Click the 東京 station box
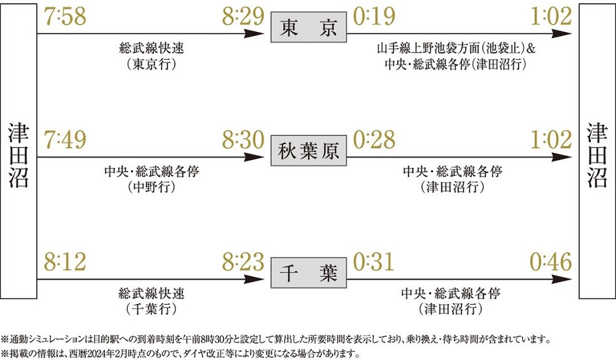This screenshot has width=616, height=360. pos(309,27)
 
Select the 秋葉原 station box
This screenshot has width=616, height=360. pos(309,150)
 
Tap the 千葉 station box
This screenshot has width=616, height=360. pos(309,273)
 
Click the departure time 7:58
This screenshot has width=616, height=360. pos(65,16)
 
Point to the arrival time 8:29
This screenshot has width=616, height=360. pos(243,16)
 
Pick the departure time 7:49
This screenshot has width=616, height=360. pos(65,139)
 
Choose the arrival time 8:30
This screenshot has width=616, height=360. pos(243,139)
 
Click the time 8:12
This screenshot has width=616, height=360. pos(65,262)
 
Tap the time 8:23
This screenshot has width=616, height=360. pos(243,262)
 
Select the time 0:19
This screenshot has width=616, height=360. pos(374,16)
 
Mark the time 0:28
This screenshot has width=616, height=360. pos(374,139)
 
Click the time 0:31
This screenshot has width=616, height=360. pos(373,262)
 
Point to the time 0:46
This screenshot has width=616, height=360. pos(551,262)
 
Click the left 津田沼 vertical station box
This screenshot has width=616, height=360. pos(18,151)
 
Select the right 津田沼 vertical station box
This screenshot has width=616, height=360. pos(597,151)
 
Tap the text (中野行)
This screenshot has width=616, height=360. pos(151,187)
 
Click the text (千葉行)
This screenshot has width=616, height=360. pos(151,309)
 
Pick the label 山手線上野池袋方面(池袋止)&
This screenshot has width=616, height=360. pos(456,48)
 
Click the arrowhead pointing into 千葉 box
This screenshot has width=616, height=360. pos(254,279)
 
